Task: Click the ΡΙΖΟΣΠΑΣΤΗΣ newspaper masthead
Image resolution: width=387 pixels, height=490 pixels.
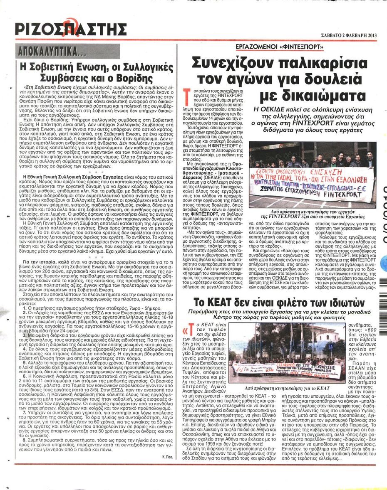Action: [x=70, y=30]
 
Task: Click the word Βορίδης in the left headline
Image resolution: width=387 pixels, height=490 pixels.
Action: [x=132, y=77]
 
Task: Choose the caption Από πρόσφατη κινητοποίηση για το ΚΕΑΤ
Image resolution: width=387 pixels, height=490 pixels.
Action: [x=273, y=387]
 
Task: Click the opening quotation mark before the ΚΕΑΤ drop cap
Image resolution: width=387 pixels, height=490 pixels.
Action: [x=186, y=331]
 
